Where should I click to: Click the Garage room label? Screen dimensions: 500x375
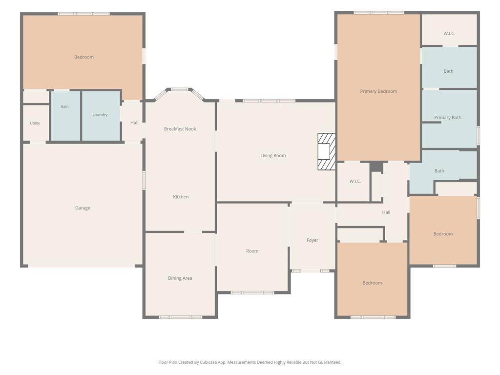pyautogui.click(x=83, y=208)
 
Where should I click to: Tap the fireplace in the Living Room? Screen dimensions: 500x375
pyautogui.click(x=327, y=151)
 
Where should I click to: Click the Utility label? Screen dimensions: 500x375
pyautogui.click(x=35, y=123)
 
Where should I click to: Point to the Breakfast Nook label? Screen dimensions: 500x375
pyautogui.click(x=180, y=129)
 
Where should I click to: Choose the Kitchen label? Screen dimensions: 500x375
pyautogui.click(x=181, y=197)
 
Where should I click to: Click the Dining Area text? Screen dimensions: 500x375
pyautogui.click(x=180, y=278)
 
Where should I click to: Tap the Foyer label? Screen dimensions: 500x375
pyautogui.click(x=312, y=240)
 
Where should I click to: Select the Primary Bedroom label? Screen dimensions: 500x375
pyautogui.click(x=378, y=91)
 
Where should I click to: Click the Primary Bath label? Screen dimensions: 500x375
pyautogui.click(x=448, y=117)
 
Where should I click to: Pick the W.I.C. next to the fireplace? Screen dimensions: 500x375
pyautogui.click(x=355, y=181)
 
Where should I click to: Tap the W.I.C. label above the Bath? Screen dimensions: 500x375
pyautogui.click(x=449, y=33)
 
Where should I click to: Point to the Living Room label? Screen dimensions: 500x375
pyautogui.click(x=273, y=156)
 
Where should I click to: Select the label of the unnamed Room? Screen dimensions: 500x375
pyautogui.click(x=252, y=251)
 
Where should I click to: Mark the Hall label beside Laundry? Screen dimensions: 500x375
pyautogui.click(x=134, y=123)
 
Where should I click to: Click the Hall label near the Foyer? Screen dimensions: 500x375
pyautogui.click(x=386, y=212)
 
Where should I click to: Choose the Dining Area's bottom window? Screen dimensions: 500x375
pyautogui.click(x=181, y=317)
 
